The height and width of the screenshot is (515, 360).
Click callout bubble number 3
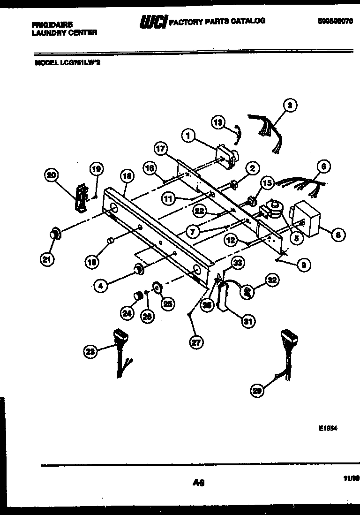(290, 106)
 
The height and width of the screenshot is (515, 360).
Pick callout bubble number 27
(196, 342)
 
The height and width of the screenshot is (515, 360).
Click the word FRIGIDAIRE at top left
(53, 25)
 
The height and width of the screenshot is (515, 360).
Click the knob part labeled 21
(56, 233)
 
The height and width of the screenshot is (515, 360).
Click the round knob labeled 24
(138, 295)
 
